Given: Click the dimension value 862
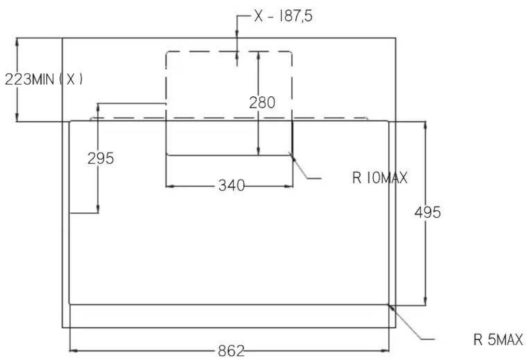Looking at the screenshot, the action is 231,351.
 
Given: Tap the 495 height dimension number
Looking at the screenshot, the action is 427,212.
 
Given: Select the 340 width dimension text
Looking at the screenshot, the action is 231,185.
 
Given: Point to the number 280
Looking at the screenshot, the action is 262,102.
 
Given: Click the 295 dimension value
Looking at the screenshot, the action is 101,158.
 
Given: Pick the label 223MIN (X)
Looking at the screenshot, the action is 44,80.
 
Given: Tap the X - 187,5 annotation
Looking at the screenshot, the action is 283,16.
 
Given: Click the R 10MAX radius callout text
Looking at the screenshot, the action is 380,177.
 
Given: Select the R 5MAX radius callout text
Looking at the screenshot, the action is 498,340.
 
